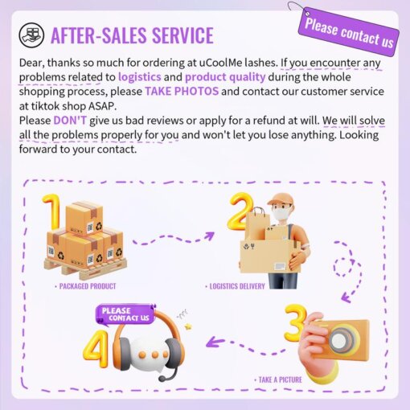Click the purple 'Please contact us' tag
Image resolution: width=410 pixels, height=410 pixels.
click(x=349, y=32)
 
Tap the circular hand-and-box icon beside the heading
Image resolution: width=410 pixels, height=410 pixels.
click(x=31, y=35)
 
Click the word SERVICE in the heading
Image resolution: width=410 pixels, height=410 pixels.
click(x=182, y=35)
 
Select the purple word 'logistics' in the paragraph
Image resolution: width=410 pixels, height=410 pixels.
click(x=140, y=77)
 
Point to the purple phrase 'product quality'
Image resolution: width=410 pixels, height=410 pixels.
click(x=225, y=77)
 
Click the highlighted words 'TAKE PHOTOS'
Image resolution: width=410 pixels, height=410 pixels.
click(x=182, y=92)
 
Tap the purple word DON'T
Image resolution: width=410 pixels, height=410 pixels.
click(x=70, y=121)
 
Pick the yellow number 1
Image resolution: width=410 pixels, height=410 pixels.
click(x=52, y=211)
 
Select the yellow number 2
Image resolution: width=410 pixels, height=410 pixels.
click(x=240, y=211)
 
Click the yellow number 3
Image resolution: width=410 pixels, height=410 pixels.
click(x=295, y=323)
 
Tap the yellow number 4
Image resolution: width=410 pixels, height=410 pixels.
click(x=96, y=349)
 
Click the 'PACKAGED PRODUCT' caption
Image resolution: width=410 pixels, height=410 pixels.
click(x=85, y=286)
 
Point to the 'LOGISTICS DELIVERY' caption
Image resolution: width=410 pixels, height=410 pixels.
click(x=235, y=286)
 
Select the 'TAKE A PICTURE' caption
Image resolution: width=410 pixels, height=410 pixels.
click(x=278, y=379)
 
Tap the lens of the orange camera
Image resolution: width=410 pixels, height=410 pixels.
click(x=341, y=339)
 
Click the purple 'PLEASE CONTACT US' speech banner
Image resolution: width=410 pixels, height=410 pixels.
click(x=125, y=314)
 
